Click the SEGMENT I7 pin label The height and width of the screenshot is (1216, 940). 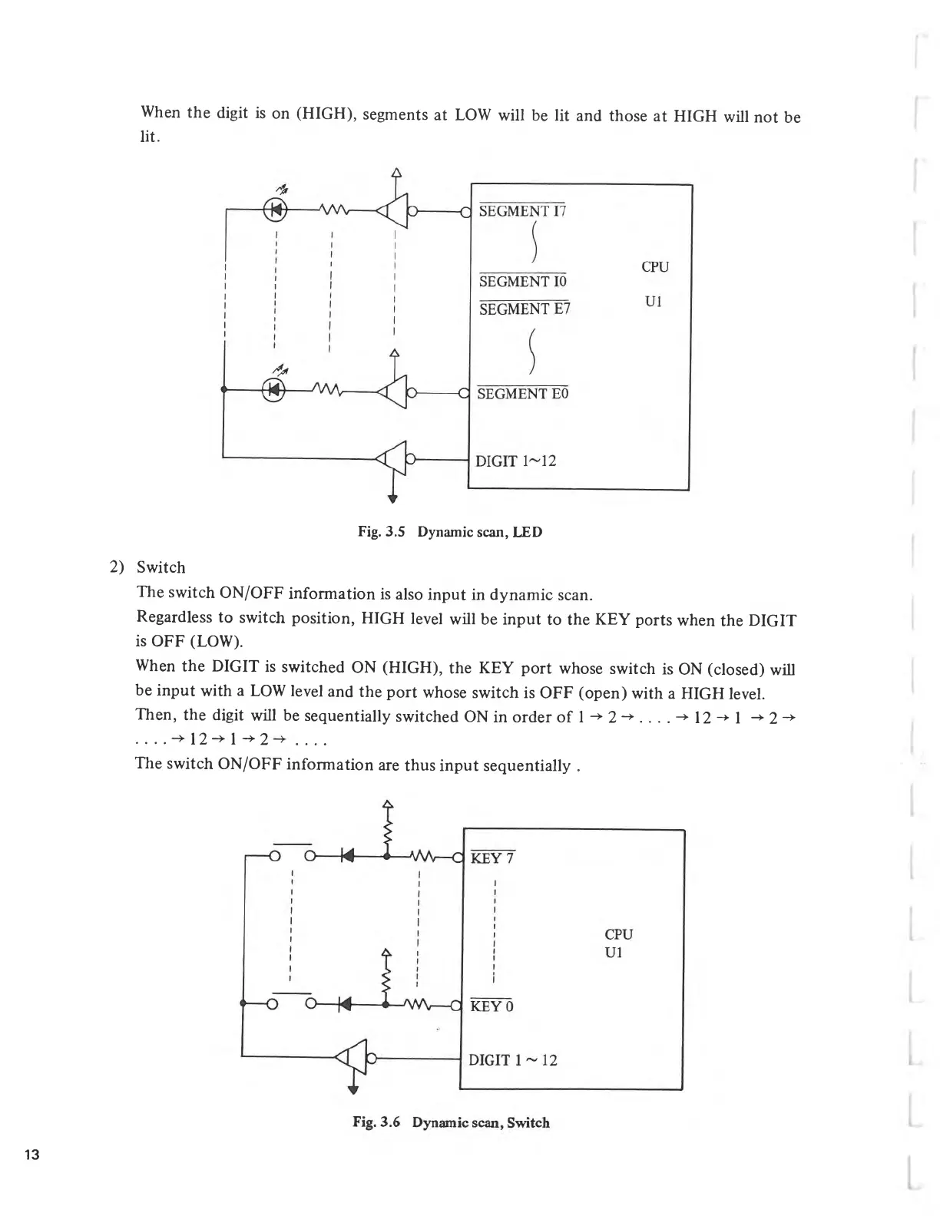pyautogui.click(x=521, y=211)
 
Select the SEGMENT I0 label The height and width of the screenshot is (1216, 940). pyautogui.click(x=522, y=282)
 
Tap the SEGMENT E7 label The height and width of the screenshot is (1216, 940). pyautogui.click(x=525, y=309)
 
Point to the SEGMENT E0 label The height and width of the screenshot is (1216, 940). pyautogui.click(x=522, y=394)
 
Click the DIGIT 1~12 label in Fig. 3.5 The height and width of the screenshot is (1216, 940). pyautogui.click(x=515, y=461)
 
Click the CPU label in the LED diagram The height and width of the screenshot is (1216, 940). pyautogui.click(x=654, y=267)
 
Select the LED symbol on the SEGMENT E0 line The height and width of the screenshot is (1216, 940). pyautogui.click(x=274, y=390)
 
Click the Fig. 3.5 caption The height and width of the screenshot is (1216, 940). pyautogui.click(x=450, y=532)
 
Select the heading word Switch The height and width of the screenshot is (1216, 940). pyautogui.click(x=161, y=567)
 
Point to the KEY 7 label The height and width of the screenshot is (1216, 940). pyautogui.click(x=492, y=857)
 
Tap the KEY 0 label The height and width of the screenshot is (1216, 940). pyautogui.click(x=492, y=1006)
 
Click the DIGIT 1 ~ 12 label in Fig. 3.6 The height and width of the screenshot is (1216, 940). pyautogui.click(x=512, y=1060)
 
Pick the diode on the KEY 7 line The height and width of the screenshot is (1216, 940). pyautogui.click(x=346, y=855)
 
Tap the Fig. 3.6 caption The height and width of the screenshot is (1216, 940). pyautogui.click(x=451, y=1122)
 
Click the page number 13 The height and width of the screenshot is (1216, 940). pyautogui.click(x=32, y=1156)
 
